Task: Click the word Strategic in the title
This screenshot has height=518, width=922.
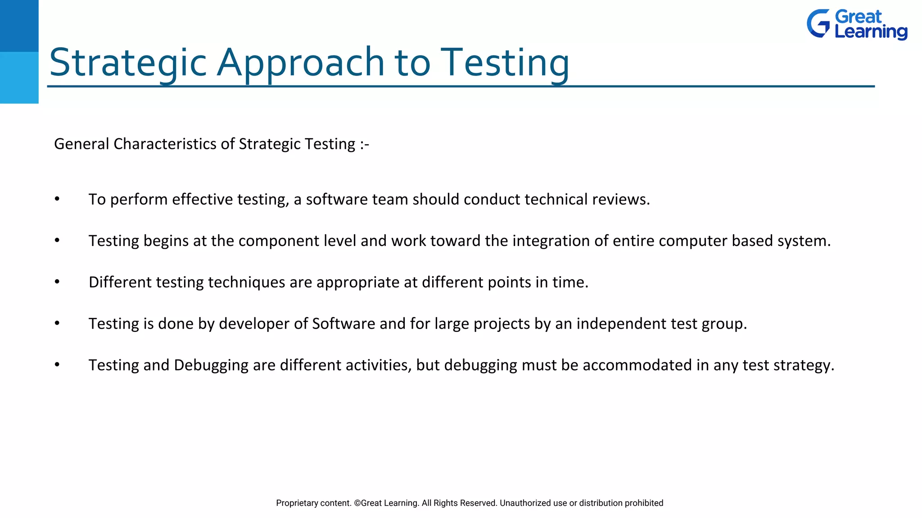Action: pos(127,63)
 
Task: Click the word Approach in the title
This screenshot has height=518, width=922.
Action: pos(300,63)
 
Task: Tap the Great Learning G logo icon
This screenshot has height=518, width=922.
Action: pos(818,24)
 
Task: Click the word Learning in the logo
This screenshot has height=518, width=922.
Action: pos(871,32)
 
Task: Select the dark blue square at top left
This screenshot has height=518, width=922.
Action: pos(19,26)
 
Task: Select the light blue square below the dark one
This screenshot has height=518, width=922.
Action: pos(19,77)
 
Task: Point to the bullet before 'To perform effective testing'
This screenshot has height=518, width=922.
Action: pos(57,199)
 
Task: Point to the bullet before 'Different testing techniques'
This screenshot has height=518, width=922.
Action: pos(57,282)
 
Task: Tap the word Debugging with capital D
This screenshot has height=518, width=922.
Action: pos(211,365)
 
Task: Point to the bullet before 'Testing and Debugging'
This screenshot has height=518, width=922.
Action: pos(57,365)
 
